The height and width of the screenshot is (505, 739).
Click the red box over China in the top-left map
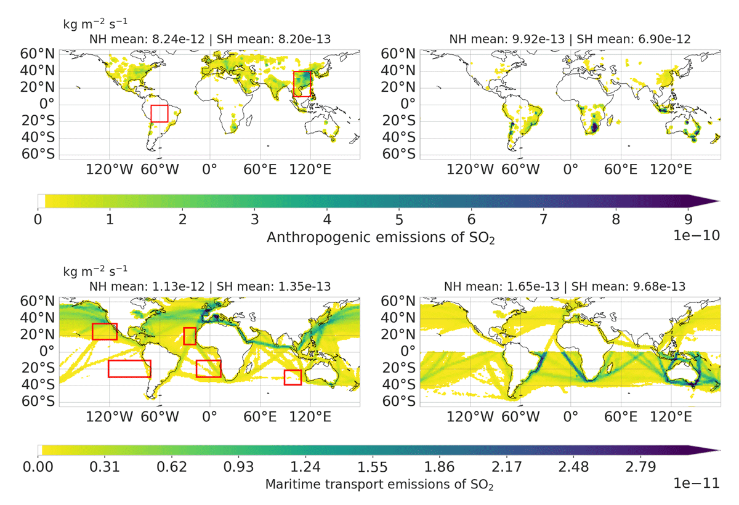(x=294, y=84)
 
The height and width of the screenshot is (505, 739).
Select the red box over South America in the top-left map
(x=151, y=113)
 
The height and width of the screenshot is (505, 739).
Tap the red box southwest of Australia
(x=285, y=378)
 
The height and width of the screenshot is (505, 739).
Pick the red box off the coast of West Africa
(x=184, y=336)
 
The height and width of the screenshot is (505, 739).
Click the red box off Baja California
(x=92, y=331)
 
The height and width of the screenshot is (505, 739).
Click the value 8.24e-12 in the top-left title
(x=178, y=39)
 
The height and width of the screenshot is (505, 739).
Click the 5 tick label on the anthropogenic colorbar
(x=399, y=219)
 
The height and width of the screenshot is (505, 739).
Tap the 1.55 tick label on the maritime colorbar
(x=373, y=467)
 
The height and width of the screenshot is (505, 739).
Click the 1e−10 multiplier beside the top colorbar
(x=697, y=235)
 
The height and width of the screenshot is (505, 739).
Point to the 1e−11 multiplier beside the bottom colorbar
(x=697, y=483)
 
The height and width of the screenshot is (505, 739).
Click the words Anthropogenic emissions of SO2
(x=381, y=238)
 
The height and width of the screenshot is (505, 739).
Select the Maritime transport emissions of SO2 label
(x=379, y=485)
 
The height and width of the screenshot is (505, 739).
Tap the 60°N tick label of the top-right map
(x=398, y=54)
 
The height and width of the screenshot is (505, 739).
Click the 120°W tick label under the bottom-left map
(x=109, y=417)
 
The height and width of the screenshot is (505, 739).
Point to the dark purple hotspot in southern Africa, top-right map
(x=594, y=127)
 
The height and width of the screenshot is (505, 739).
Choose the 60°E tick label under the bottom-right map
(x=621, y=417)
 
